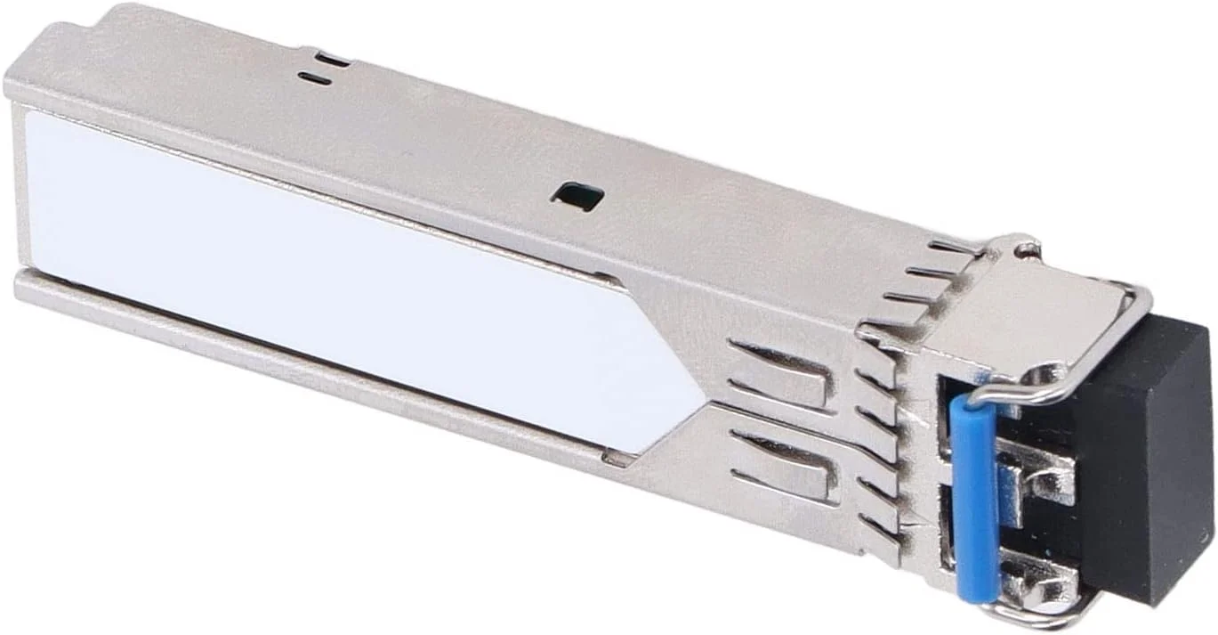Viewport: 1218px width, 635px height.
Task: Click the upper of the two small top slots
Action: tap(332, 61)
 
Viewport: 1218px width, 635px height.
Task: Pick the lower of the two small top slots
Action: tap(315, 79)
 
